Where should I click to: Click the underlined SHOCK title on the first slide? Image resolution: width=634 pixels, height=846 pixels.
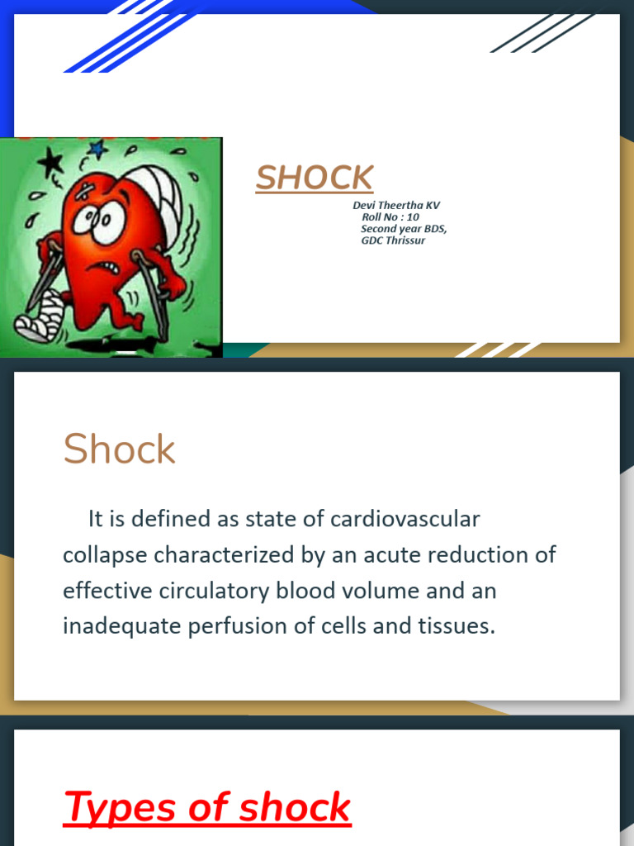(x=315, y=178)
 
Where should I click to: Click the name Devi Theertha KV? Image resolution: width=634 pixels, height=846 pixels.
(x=396, y=205)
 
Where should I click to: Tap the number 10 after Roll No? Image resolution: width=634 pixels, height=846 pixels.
(x=412, y=216)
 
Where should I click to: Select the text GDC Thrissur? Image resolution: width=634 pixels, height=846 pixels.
(x=393, y=240)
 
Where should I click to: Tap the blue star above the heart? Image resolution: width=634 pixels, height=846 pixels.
(x=98, y=150)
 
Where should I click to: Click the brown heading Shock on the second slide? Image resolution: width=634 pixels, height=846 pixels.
(x=119, y=449)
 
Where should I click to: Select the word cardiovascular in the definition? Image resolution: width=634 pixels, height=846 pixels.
(x=405, y=520)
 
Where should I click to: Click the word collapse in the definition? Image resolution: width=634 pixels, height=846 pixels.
(x=105, y=555)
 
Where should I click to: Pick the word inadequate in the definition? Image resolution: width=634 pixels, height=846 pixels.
(x=121, y=626)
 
